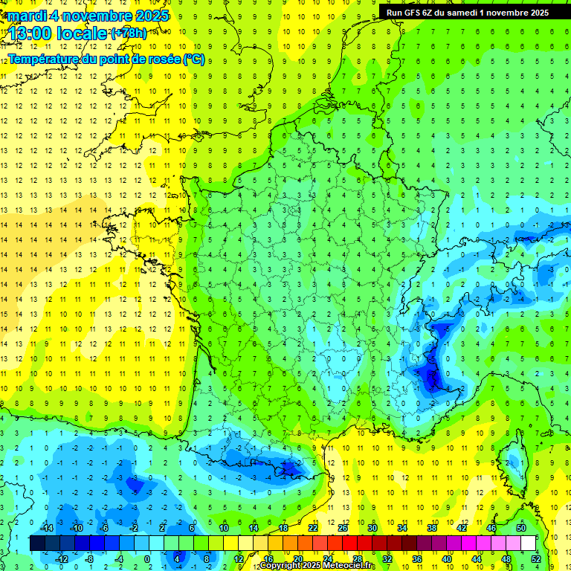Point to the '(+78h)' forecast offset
click(x=129, y=33)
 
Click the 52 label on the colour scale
click(x=536, y=558)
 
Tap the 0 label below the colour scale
click(x=147, y=558)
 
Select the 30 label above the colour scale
click(x=372, y=528)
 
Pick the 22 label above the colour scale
click(x=312, y=528)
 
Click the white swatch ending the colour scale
click(x=529, y=543)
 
